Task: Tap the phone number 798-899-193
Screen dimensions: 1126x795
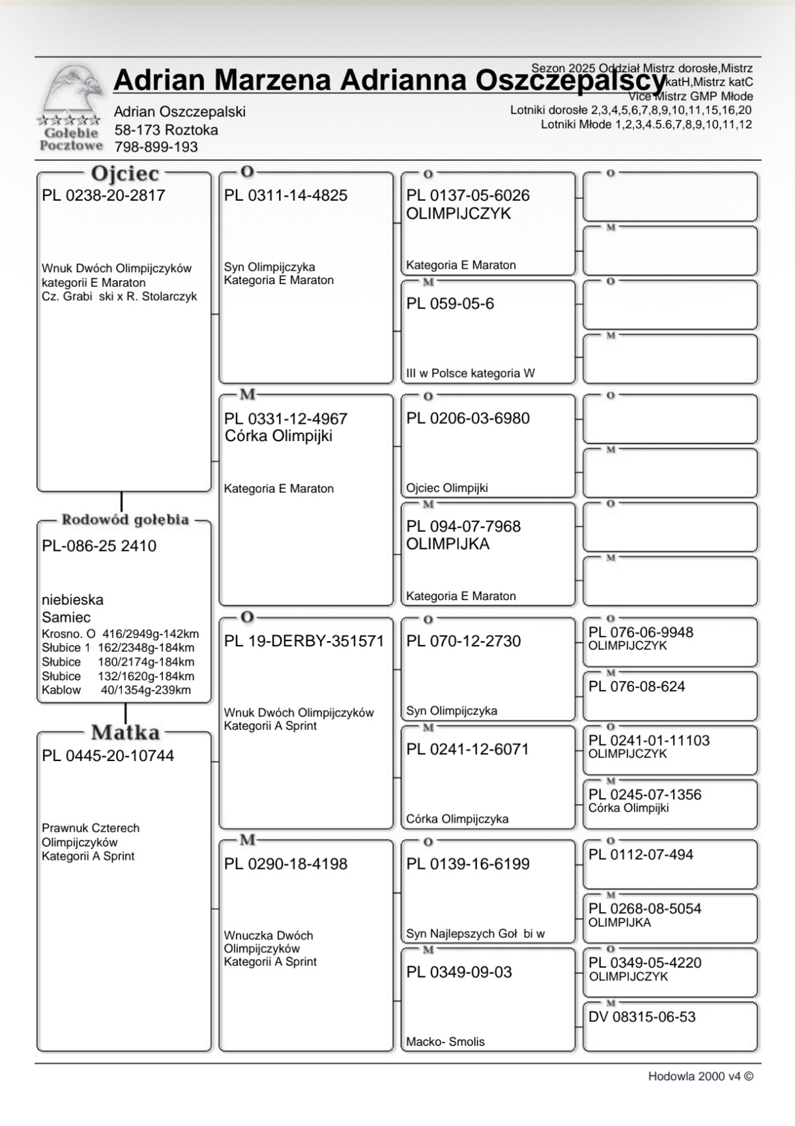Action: (x=156, y=147)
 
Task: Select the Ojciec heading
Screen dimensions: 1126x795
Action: (x=125, y=174)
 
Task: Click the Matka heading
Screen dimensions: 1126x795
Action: (x=125, y=733)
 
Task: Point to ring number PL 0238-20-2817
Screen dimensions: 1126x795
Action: (x=103, y=195)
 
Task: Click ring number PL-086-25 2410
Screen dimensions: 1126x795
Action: (x=99, y=546)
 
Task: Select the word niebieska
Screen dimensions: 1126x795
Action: (x=73, y=600)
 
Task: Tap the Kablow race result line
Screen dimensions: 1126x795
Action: (x=116, y=690)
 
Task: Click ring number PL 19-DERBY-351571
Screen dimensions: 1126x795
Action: (x=304, y=641)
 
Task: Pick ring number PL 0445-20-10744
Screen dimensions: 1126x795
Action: (x=108, y=756)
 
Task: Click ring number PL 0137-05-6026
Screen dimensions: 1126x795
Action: (x=468, y=195)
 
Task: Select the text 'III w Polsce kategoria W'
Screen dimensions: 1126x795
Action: (x=470, y=374)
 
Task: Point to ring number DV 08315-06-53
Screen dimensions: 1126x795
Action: (x=642, y=1017)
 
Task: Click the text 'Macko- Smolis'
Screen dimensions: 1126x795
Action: (x=445, y=1042)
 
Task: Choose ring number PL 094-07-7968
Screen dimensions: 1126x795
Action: (x=464, y=527)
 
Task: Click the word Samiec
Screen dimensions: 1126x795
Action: (x=66, y=617)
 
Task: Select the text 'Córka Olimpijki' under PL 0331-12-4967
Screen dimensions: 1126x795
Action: (x=278, y=436)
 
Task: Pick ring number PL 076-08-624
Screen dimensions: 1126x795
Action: (x=637, y=687)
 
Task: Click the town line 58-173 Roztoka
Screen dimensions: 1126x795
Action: (x=166, y=130)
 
